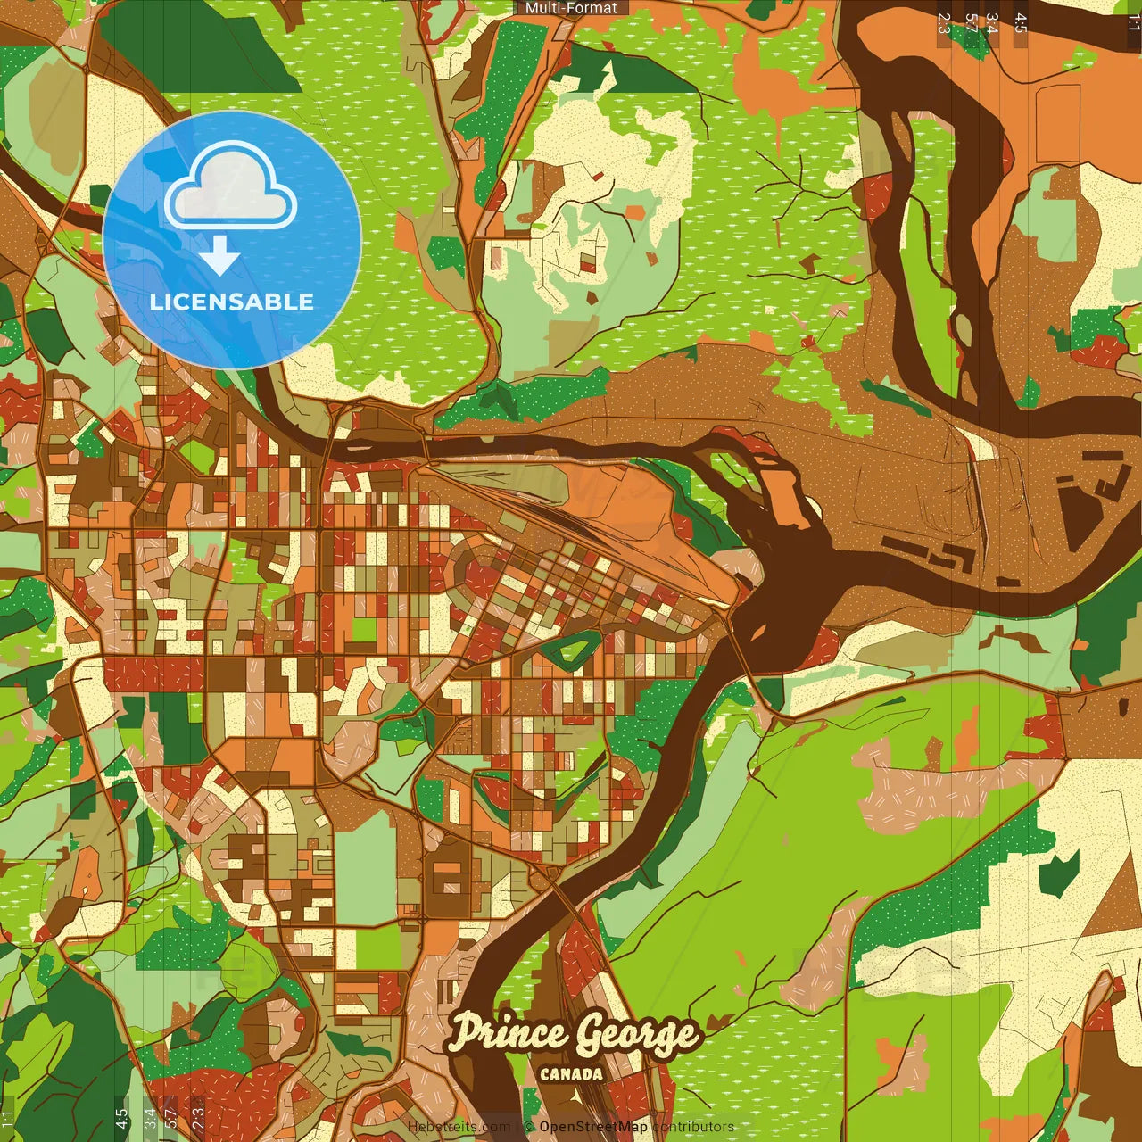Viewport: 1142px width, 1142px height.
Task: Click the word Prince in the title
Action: pos(507,1033)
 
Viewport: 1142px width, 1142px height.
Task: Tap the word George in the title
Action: pos(635,1035)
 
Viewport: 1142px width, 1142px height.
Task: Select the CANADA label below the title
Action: pos(571,1074)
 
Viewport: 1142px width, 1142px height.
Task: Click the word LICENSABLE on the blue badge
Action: pos(232,302)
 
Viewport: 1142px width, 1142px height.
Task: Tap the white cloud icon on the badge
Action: pos(231,187)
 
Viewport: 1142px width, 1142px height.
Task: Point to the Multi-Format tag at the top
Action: pos(571,8)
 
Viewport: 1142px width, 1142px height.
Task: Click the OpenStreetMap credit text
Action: pos(592,1127)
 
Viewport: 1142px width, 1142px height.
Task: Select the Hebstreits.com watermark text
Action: pos(459,1127)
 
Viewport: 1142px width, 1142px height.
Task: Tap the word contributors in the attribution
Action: pos(693,1127)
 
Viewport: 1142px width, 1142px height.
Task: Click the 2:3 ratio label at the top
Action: pos(944,23)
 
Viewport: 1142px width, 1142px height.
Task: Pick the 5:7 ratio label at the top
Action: pos(970,23)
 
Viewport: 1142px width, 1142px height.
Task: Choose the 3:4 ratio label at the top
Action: pos(991,23)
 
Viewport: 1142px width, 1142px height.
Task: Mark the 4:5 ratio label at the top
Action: pos(1021,23)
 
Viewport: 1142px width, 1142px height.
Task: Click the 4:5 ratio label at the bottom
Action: pos(121,1119)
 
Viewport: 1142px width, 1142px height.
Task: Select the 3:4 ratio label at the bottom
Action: pos(150,1119)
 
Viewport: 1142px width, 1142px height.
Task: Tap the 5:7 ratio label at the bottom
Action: pos(170,1119)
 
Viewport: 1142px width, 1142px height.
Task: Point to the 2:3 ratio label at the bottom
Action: pos(197,1119)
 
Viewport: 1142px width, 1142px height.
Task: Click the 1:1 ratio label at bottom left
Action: pos(8,1119)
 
